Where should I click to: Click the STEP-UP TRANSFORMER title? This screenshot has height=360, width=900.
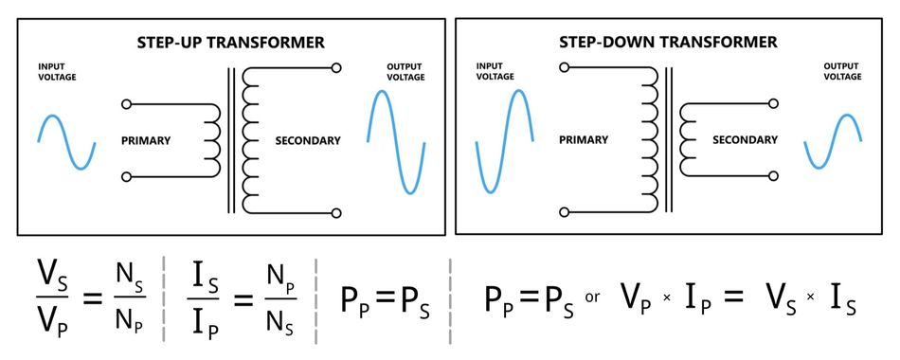point(230,43)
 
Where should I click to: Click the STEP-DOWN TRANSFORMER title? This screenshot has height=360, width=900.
point(668,43)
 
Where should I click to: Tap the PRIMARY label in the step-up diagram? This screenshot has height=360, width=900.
point(146,140)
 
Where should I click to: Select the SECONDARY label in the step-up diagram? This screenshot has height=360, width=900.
point(308,140)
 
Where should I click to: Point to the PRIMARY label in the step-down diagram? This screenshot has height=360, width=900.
point(584,139)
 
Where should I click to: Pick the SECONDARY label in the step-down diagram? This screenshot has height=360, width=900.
point(745,139)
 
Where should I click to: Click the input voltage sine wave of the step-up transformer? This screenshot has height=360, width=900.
point(66,141)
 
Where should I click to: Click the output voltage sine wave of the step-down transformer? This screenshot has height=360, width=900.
point(833,141)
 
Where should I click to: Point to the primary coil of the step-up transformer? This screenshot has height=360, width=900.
point(213,140)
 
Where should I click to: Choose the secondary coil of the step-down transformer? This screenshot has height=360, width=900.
point(686,139)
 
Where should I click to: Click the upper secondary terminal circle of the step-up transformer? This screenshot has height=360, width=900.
point(336,68)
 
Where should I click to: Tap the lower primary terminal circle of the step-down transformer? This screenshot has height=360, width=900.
point(565,212)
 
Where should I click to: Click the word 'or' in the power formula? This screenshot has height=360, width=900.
point(593,297)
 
